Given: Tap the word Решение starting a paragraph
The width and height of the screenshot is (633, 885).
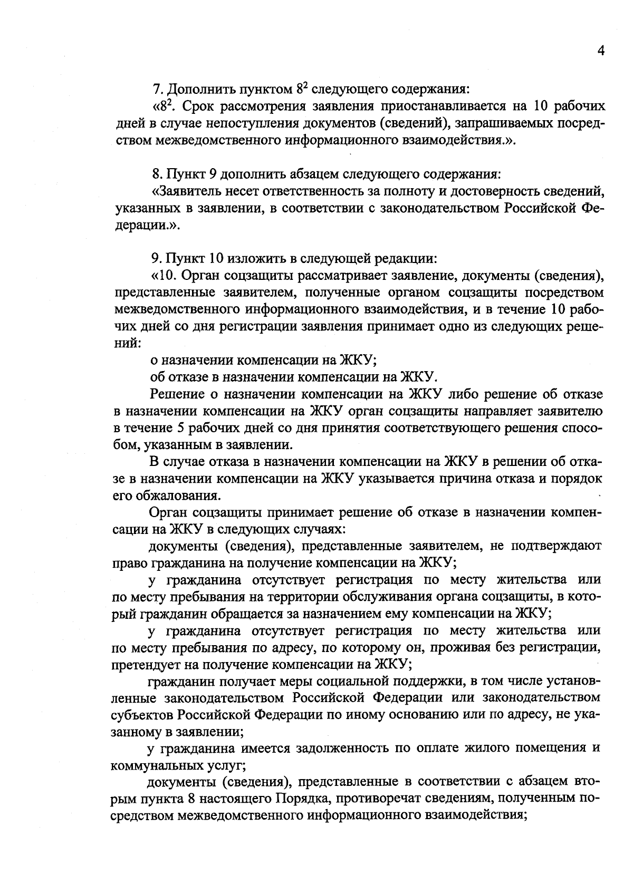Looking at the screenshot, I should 178,394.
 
